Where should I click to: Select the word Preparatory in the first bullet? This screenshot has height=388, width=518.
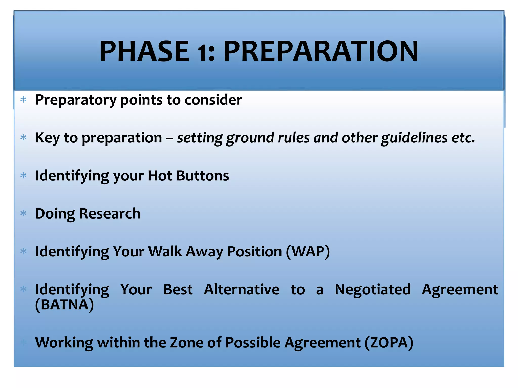[76, 100]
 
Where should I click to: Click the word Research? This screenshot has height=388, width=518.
[110, 213]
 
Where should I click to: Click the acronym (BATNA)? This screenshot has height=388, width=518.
[64, 305]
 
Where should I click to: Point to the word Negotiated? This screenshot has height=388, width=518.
[372, 289]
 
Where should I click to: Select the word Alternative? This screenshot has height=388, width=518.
[242, 289]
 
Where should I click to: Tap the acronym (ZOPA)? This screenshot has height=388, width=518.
[389, 343]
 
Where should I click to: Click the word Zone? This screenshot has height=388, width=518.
[186, 343]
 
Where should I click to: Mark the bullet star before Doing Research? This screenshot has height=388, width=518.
[24, 213]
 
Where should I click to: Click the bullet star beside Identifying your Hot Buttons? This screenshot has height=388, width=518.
[24, 175]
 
